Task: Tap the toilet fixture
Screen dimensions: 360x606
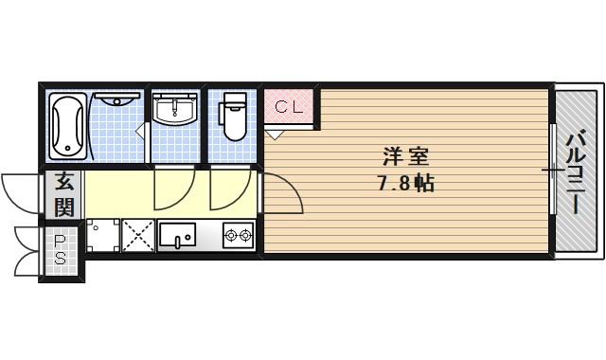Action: [233, 117]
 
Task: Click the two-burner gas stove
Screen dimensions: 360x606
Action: [237, 234]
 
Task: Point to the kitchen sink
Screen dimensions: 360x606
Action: [178, 234]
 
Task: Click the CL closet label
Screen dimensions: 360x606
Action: [289, 107]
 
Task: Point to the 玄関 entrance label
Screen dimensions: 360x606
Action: [63, 193]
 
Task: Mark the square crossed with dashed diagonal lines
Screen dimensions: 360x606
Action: [138, 235]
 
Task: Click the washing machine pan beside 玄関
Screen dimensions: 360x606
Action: [102, 235]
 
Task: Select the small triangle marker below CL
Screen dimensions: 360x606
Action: [274, 134]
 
